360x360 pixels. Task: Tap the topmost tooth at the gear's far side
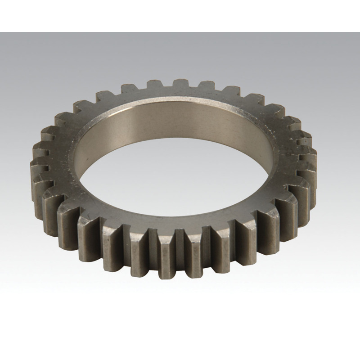pyautogui.click(x=180, y=84)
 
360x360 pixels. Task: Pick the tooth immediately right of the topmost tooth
pyautogui.click(x=207, y=85)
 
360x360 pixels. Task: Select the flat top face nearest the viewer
pyautogui.click(x=180, y=220)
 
